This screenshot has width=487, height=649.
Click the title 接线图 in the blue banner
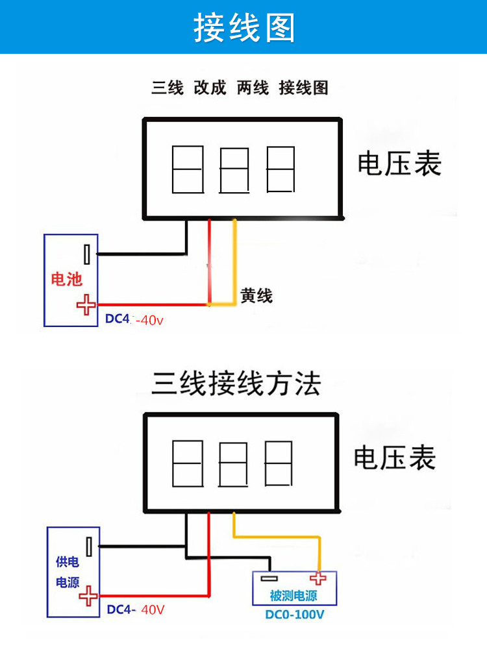(243, 28)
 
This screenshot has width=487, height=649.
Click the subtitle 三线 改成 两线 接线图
(240, 88)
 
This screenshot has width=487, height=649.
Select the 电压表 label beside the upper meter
(399, 164)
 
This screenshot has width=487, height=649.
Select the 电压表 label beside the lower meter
(394, 458)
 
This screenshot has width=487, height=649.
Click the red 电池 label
(67, 280)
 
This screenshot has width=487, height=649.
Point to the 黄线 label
(256, 296)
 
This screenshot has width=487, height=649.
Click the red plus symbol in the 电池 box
(86, 304)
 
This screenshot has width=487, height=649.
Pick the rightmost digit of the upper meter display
(281, 169)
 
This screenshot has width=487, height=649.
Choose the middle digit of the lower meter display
(234, 464)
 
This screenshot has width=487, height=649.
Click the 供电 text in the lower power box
(67, 562)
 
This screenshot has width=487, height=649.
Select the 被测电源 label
(293, 596)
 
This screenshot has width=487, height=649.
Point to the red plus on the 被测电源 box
(318, 579)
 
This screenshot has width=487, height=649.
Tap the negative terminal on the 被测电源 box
(268, 579)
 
